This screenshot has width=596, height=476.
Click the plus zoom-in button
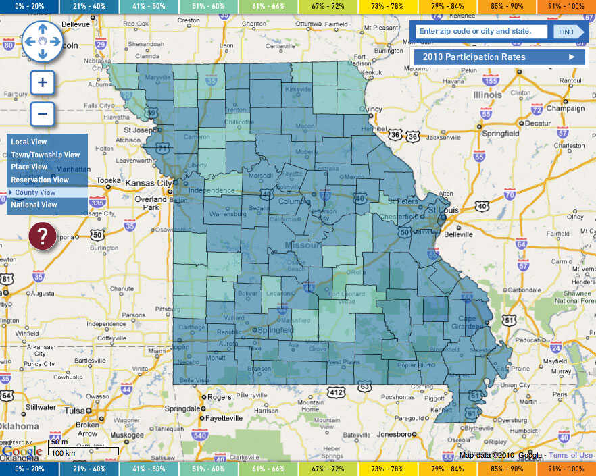pyautogui.click(x=42, y=83)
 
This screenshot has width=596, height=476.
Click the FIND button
pyautogui.click(x=566, y=32)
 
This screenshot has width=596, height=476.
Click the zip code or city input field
pyautogui.click(x=480, y=32)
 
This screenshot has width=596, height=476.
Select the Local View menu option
pyautogui.click(x=29, y=142)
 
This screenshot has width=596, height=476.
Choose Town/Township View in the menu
pyautogui.click(x=45, y=155)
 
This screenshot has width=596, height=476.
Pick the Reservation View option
pyautogui.click(x=40, y=180)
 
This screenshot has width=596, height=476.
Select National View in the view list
pyautogui.click(x=34, y=205)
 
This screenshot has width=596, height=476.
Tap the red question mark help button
pyautogui.click(x=42, y=236)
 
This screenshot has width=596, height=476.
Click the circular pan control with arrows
pyautogui.click(x=43, y=41)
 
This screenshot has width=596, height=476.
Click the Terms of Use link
pyautogui.click(x=570, y=455)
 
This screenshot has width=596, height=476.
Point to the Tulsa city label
pyautogui.click(x=76, y=411)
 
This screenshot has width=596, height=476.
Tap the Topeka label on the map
pyautogui.click(x=108, y=181)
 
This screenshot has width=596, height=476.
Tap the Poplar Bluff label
pyautogui.click(x=416, y=365)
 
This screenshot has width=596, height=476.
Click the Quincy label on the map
pyautogui.click(x=371, y=109)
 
